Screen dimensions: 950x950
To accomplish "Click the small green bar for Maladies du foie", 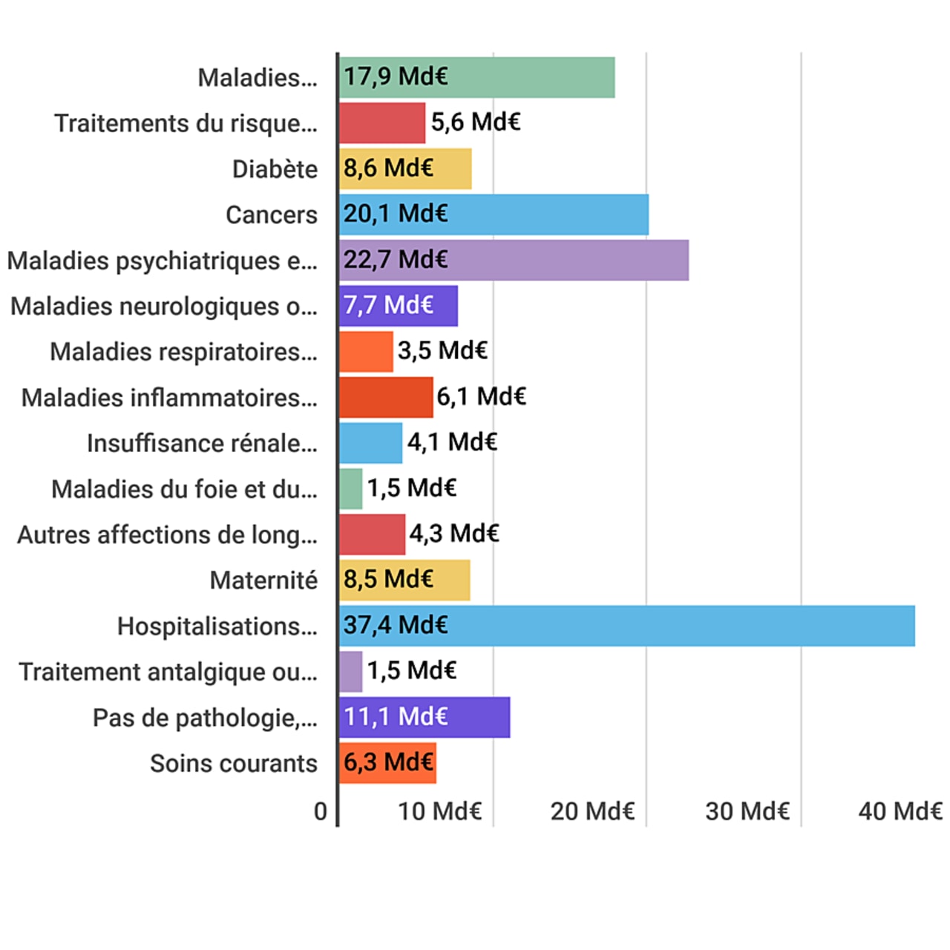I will tap(351, 488).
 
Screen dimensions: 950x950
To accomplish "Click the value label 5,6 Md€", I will tap(476, 122).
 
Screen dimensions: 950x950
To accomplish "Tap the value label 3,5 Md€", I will tap(442, 350).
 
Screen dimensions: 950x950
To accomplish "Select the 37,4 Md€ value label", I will tap(396, 625).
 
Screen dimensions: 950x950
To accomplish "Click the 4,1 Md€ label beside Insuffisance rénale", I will tap(452, 442).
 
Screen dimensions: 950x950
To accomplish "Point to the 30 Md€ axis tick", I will tap(747, 811).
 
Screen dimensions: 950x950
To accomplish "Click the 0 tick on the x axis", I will tap(320, 811).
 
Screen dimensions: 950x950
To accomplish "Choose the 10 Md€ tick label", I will tap(439, 811).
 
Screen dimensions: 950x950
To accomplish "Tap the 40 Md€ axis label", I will tap(900, 811).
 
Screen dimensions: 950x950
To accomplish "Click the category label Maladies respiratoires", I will tap(183, 352).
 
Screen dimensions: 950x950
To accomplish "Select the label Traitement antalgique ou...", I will tap(168, 672).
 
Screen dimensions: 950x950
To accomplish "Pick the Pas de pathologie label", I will tap(205, 718).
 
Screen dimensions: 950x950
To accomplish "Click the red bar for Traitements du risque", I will tap(382, 123).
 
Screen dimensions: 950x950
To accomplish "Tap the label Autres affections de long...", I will tap(167, 534).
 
